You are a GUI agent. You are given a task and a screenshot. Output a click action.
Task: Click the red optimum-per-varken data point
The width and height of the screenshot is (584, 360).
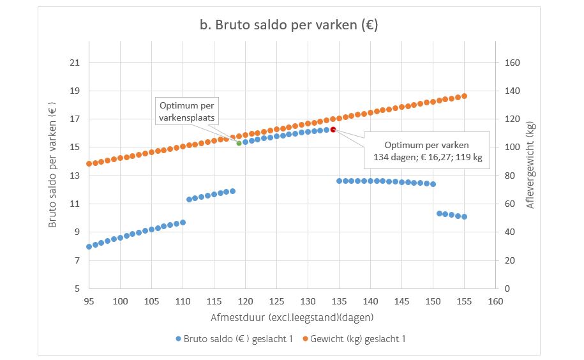click(x=333, y=130)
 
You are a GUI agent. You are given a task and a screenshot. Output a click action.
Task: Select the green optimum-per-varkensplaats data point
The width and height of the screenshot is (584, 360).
click(x=239, y=143)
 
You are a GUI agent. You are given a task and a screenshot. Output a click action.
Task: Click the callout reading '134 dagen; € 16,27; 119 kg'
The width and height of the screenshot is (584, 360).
click(x=426, y=150)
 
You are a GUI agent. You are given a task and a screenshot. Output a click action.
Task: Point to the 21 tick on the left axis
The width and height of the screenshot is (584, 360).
click(x=75, y=63)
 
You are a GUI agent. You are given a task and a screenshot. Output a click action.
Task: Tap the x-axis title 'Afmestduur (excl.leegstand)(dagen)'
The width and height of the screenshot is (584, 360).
click(x=292, y=317)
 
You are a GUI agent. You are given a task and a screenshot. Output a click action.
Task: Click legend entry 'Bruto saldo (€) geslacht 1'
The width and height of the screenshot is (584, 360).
click(x=234, y=339)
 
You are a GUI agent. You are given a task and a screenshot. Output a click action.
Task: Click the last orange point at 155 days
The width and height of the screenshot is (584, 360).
click(x=464, y=96)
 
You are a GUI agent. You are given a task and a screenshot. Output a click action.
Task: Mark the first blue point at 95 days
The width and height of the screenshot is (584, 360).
click(x=89, y=246)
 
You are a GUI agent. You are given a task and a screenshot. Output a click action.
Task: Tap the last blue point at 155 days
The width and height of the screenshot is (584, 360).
click(x=464, y=216)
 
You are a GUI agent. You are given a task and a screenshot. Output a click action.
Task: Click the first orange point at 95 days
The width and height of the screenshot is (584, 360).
click(x=89, y=164)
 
